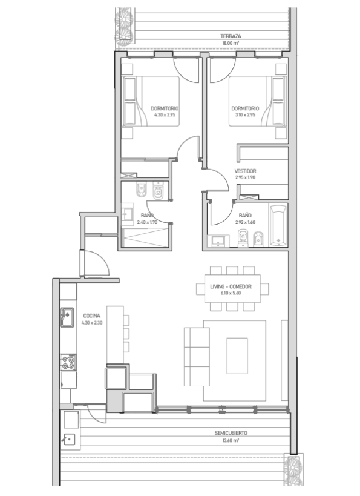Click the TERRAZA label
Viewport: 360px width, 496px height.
pos(231,36)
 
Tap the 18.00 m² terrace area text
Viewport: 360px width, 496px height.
pos(231,43)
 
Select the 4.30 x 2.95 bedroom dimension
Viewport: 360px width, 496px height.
pos(165,115)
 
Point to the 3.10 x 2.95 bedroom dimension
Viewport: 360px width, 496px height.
pos(245,115)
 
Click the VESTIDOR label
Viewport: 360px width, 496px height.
pos(245,171)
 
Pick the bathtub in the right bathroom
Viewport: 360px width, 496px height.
pos(278,225)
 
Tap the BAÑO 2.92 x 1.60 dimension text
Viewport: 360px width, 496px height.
pos(245,222)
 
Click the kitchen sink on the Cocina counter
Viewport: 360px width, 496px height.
pos(67,317)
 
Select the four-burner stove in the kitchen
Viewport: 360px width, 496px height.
pos(68,362)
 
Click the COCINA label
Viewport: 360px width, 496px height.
pos(91,316)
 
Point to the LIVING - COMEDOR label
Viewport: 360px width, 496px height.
pos(231,286)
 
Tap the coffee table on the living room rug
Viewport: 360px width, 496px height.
pos(237,355)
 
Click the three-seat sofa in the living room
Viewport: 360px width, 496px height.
pos(197,357)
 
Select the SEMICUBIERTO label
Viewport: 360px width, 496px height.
pos(231,433)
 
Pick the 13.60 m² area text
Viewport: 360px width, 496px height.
pos(231,440)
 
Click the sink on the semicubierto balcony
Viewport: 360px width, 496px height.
pos(69,440)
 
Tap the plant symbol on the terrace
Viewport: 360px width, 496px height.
pos(124,25)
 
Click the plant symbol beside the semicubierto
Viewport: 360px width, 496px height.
pos(293,469)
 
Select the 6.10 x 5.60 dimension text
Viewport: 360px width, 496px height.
pos(231,293)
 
